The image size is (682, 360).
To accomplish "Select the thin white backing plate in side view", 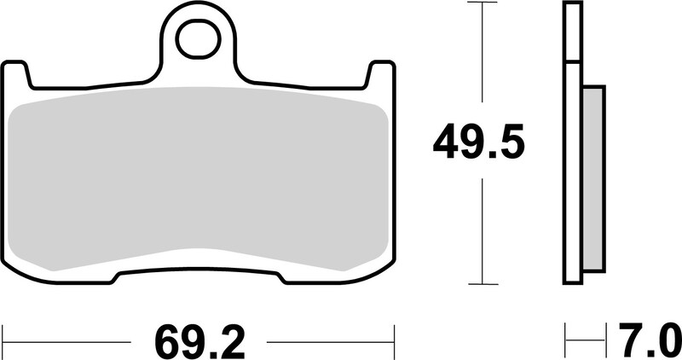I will [571, 145].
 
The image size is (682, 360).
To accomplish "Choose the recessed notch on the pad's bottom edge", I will [201, 275].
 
